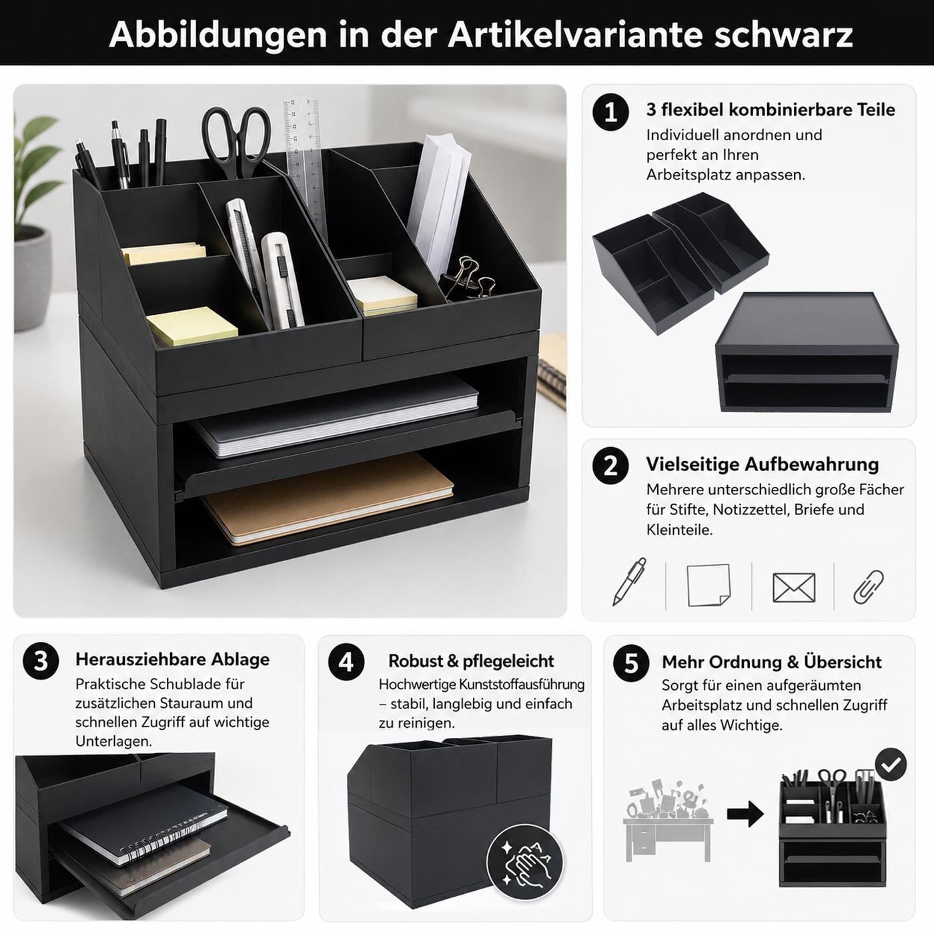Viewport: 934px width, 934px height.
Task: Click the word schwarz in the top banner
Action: [x=783, y=35]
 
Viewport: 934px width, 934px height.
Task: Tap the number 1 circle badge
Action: [x=610, y=112]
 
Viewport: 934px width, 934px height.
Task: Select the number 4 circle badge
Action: [x=346, y=662]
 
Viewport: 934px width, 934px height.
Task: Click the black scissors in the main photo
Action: [x=236, y=141]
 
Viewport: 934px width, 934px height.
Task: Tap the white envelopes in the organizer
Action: [x=438, y=203]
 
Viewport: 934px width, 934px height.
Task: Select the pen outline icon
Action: [x=629, y=581]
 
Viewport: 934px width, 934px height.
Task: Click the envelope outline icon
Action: [x=793, y=588]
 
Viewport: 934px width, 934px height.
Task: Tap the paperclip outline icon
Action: [x=869, y=586]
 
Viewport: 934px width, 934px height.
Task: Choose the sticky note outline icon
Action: [x=709, y=584]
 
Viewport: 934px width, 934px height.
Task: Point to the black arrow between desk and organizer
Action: [x=745, y=814]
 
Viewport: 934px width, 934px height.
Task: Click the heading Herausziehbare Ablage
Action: [x=173, y=659]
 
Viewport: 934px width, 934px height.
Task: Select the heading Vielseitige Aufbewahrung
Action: [x=763, y=464]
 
